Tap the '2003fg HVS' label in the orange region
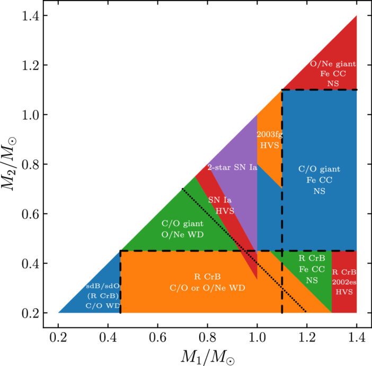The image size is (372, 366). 269,140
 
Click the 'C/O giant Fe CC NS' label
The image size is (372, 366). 318,179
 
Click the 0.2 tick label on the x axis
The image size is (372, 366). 59,336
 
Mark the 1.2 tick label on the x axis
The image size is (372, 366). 307,336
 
